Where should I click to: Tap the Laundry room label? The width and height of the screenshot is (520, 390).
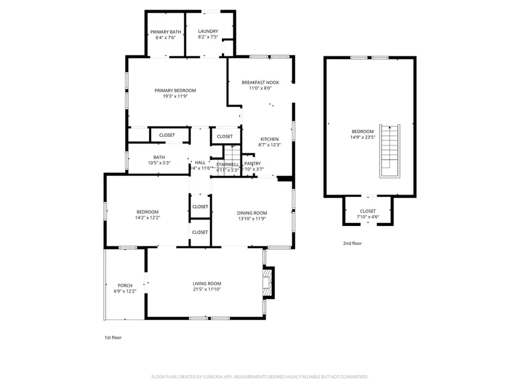pyautogui.click(x=207, y=31)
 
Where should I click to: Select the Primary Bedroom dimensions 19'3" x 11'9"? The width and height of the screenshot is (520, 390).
pyautogui.click(x=175, y=96)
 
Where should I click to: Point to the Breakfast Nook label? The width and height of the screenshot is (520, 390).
pyautogui.click(x=260, y=83)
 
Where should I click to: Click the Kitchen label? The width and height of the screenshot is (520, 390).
pyautogui.click(x=269, y=139)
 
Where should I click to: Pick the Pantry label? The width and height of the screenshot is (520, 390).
pyautogui.click(x=252, y=164)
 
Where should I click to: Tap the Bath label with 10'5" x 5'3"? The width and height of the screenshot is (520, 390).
pyautogui.click(x=159, y=157)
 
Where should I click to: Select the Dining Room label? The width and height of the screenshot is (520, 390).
pyautogui.click(x=252, y=213)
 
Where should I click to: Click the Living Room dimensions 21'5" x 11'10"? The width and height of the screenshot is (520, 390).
pyautogui.click(x=207, y=289)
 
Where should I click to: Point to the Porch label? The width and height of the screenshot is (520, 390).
pyautogui.click(x=125, y=285)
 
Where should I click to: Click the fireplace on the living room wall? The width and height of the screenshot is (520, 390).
pyautogui.click(x=268, y=283)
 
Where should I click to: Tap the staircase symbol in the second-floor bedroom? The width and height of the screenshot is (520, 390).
pyautogui.click(x=388, y=151)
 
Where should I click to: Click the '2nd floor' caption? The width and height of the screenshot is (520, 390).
pyautogui.click(x=352, y=243)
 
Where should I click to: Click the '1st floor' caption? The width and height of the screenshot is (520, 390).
pyautogui.click(x=113, y=337)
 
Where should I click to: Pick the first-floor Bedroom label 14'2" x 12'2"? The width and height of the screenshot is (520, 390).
pyautogui.click(x=147, y=212)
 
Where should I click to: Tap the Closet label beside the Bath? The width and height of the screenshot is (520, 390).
pyautogui.click(x=167, y=135)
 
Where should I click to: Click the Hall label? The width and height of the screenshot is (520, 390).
pyautogui.click(x=200, y=163)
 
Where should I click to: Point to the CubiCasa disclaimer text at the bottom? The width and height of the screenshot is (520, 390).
pyautogui.click(x=259, y=377)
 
